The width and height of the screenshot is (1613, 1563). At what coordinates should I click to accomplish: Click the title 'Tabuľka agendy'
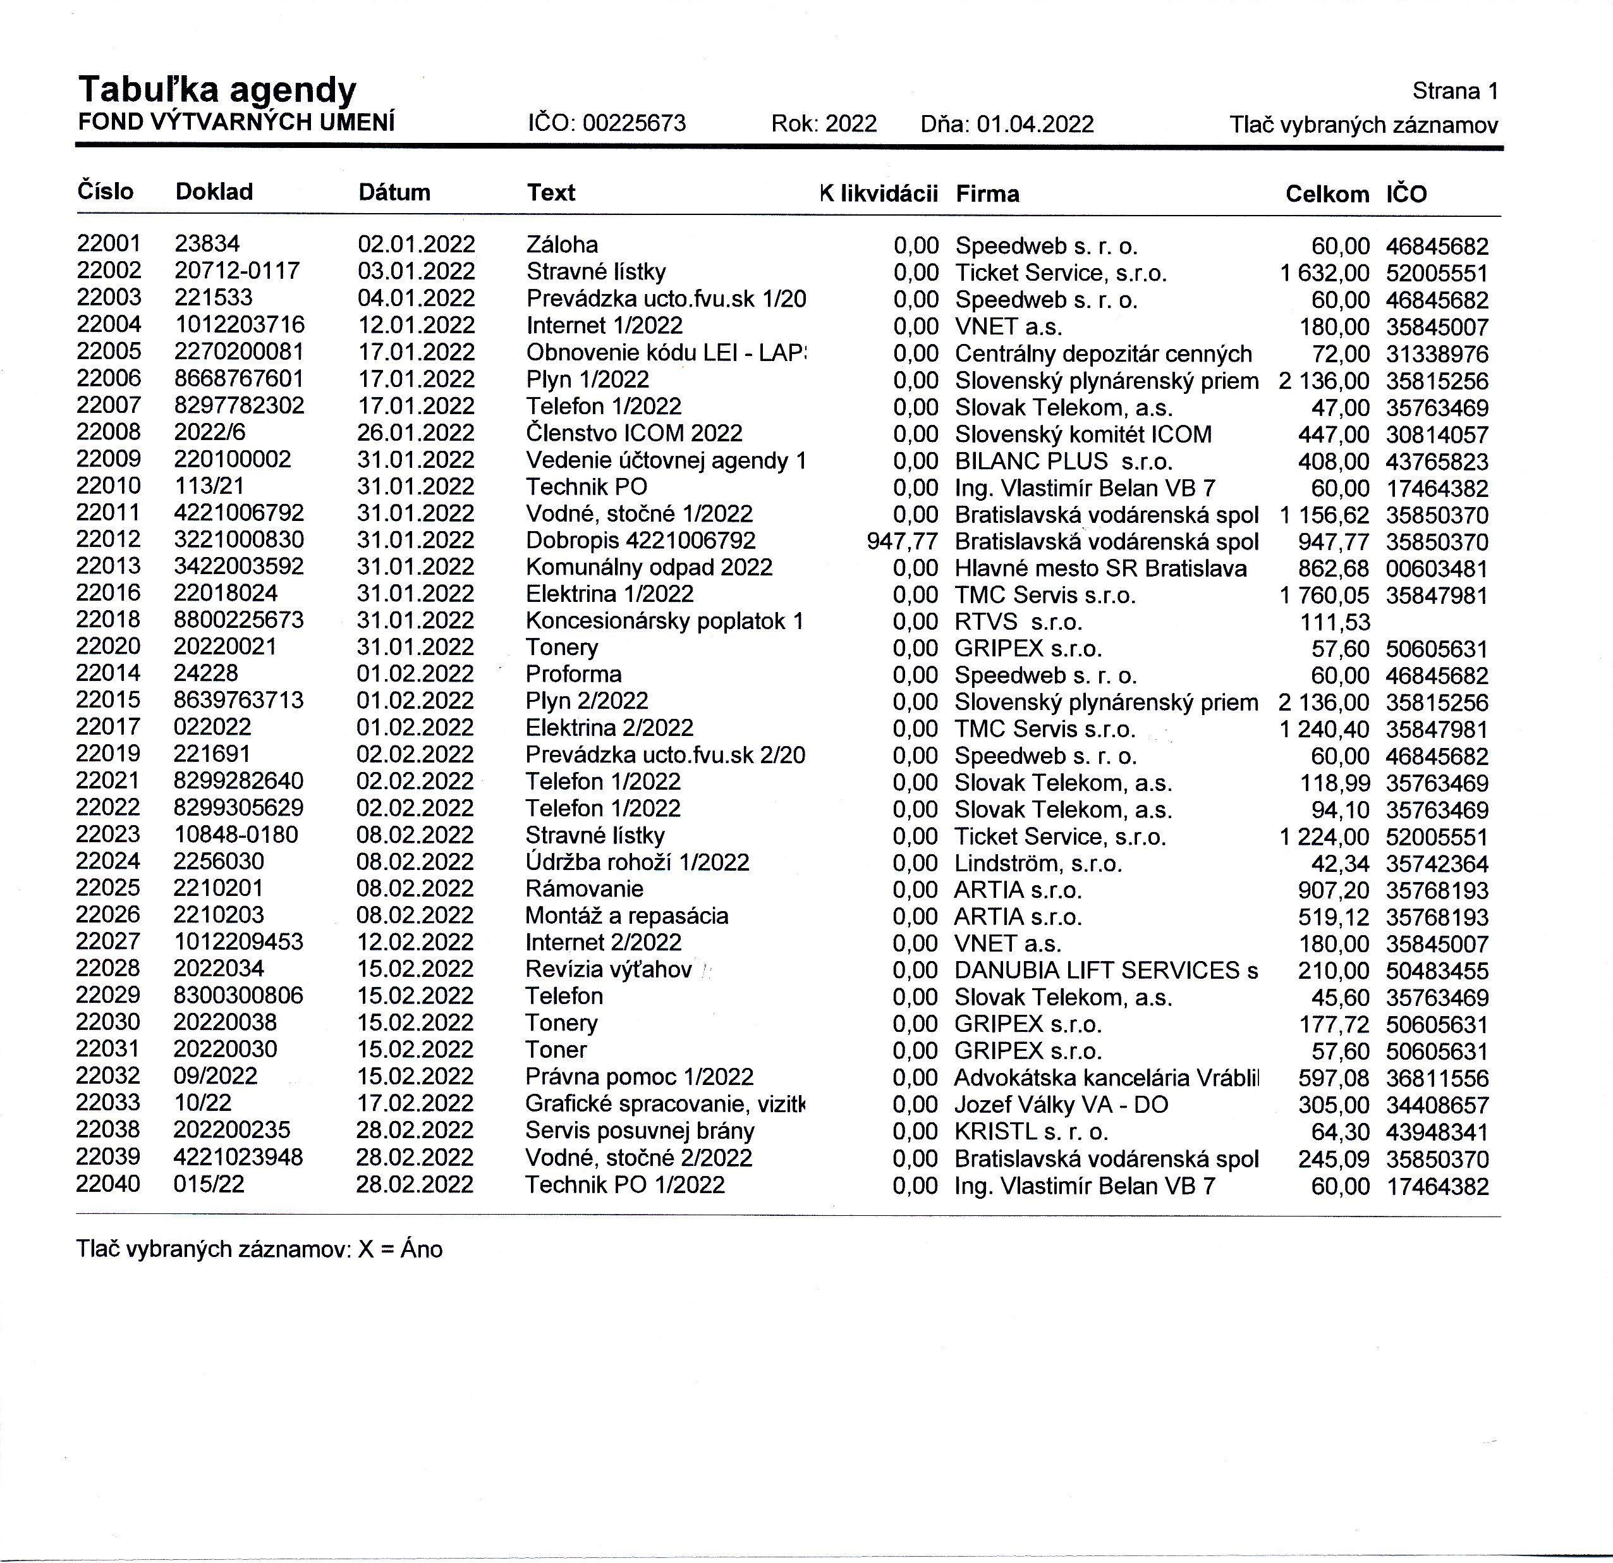(x=217, y=90)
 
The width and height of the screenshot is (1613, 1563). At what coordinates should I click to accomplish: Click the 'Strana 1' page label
(x=1455, y=91)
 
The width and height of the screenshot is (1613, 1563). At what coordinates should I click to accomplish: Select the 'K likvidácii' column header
(x=879, y=193)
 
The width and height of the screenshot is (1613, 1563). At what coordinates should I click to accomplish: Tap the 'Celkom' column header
(x=1327, y=194)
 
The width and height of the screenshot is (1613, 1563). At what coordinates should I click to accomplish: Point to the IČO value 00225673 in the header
(x=634, y=123)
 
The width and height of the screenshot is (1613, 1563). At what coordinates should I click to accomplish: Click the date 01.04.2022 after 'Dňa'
(x=1035, y=125)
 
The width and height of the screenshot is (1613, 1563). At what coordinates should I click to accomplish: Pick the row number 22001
(x=109, y=243)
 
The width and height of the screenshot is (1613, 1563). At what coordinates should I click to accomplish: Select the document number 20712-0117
(x=237, y=271)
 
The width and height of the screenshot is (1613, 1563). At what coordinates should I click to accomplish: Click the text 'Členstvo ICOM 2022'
(x=634, y=433)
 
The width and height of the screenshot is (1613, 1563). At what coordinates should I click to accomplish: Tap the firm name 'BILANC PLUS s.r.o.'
(x=1063, y=461)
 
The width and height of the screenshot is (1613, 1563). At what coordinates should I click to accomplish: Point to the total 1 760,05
(x=1324, y=595)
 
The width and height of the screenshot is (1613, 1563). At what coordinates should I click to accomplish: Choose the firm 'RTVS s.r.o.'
(x=1018, y=622)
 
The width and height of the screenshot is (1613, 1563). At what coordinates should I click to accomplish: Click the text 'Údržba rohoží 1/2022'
(x=637, y=862)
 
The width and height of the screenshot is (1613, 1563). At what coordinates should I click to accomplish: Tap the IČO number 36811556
(x=1437, y=1078)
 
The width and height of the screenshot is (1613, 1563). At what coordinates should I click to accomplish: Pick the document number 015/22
(x=209, y=1184)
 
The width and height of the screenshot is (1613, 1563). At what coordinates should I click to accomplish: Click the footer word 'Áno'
(x=422, y=1249)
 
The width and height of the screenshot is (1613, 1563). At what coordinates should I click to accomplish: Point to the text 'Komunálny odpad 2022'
(x=648, y=567)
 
